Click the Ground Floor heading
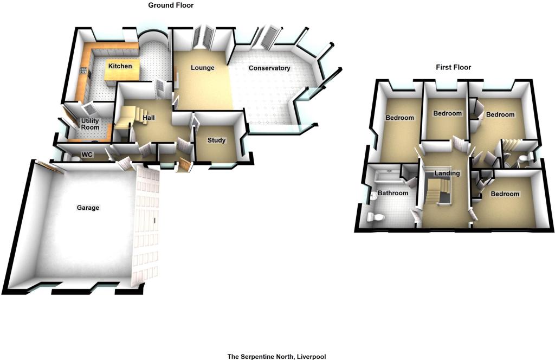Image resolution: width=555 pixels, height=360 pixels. pos(171,5)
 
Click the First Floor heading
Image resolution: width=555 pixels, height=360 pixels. pos(454,67)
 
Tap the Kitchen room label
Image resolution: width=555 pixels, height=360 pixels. pos(120,66)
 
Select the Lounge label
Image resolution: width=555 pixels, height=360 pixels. pos(203,68)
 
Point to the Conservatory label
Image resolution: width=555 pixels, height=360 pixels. pos(269,68)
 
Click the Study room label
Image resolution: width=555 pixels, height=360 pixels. pos(216,140)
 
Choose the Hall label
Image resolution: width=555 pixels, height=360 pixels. pos(149,118)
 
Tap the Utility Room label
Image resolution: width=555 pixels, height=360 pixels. pos(91,124)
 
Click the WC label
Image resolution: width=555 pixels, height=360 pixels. pos(87,155)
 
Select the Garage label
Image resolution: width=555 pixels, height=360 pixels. pos(88,208)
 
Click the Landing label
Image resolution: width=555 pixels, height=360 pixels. pos(447,173)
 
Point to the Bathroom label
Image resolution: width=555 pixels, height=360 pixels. pos(393,193)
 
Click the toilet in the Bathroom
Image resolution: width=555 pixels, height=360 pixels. pos(375,216)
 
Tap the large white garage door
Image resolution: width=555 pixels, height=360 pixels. pos(145,227)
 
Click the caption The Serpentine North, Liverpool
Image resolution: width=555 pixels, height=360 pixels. pos(276,356)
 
